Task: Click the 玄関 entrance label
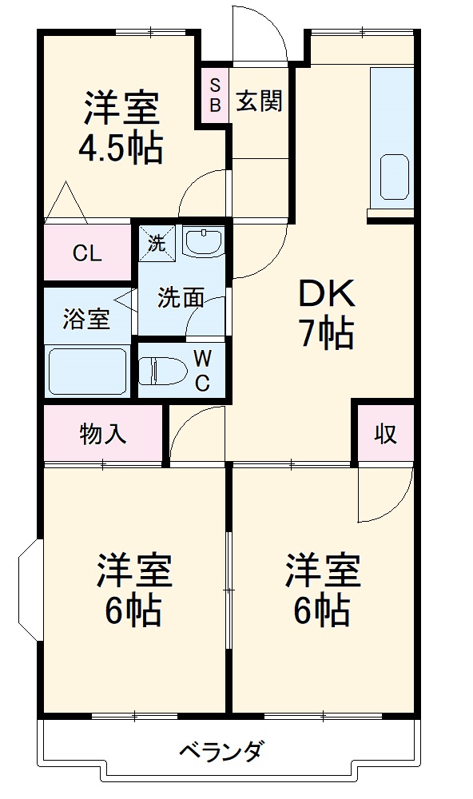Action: (x=260, y=101)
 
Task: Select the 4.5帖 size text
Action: (x=121, y=149)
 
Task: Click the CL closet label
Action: (x=87, y=254)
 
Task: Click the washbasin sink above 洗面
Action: (x=204, y=240)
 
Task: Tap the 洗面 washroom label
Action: (x=180, y=298)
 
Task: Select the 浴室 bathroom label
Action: (x=86, y=319)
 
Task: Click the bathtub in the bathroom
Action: (x=88, y=371)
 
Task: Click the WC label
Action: (x=202, y=370)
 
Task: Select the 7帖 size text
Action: (x=326, y=334)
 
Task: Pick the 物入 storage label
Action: (x=102, y=434)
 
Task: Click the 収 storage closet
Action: (x=386, y=434)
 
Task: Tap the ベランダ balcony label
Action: (x=221, y=753)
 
